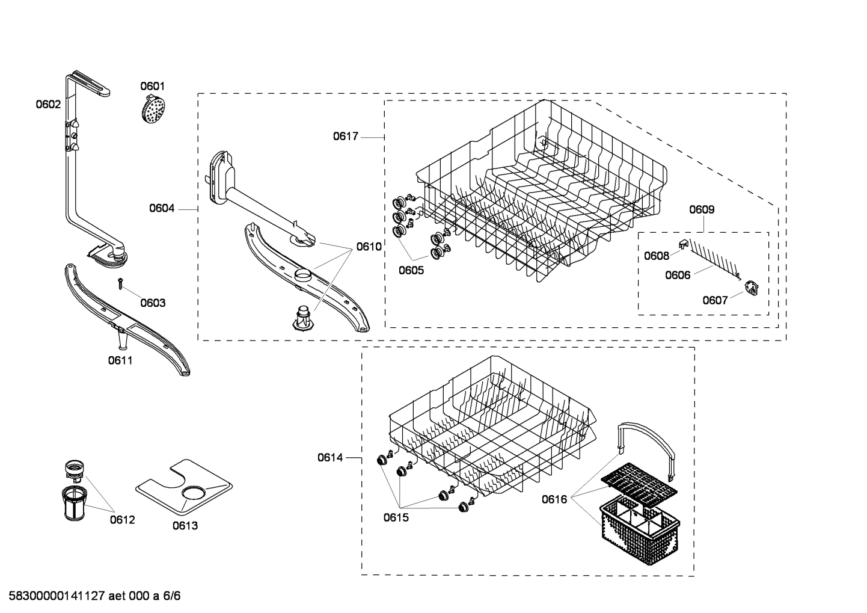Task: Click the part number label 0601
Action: coord(152,87)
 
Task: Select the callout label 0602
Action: coord(47,104)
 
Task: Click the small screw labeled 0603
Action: coord(120,283)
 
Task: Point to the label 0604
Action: coord(162,209)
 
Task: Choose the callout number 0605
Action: coord(411,271)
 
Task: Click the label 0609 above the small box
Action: coord(702,210)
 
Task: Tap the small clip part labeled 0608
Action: coord(683,242)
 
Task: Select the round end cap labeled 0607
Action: coord(751,289)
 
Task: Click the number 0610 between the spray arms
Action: coord(369,246)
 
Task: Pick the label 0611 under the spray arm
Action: coord(120,361)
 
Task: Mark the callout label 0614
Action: coord(330,458)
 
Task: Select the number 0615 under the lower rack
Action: coord(396,517)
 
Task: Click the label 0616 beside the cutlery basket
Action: coord(554,499)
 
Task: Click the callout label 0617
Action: coord(346,137)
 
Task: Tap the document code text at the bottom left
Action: coord(90,596)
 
